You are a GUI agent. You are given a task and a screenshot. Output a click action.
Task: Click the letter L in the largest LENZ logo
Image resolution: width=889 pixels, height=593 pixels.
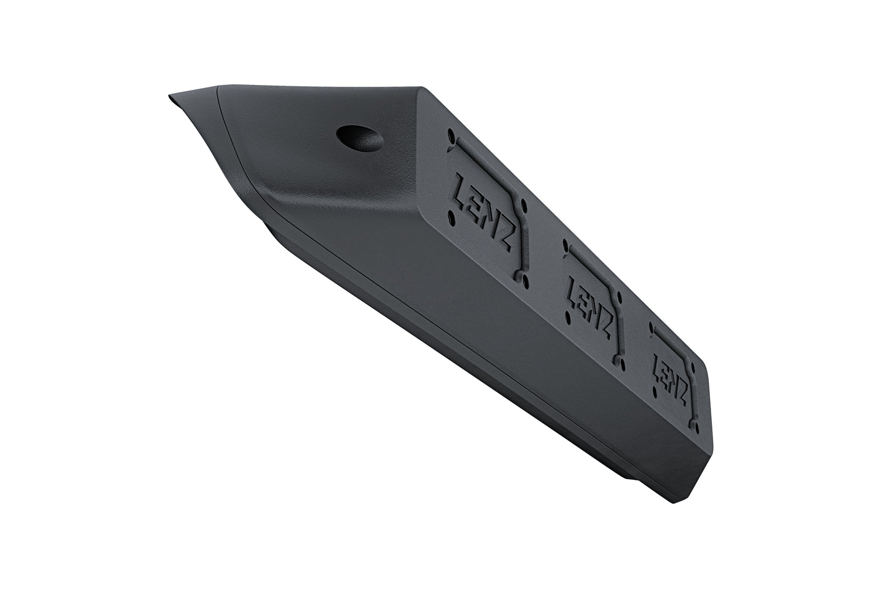(x=462, y=186)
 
